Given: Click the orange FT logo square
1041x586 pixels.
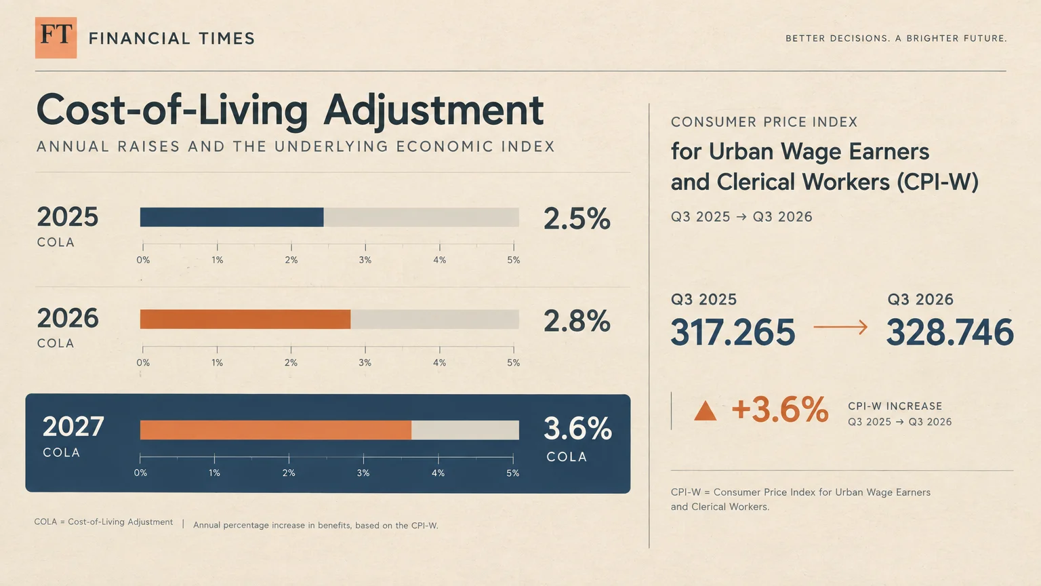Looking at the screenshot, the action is point(56,38).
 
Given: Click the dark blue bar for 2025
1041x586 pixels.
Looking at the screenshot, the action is point(231,217).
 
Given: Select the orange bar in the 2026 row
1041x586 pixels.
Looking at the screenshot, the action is point(245,319).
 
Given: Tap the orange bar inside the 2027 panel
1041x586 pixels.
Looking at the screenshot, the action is point(276,430).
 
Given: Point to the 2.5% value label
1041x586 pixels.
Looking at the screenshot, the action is point(577,218).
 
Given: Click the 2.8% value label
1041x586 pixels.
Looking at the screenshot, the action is point(577,321).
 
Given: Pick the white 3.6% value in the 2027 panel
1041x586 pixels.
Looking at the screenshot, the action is point(577,429).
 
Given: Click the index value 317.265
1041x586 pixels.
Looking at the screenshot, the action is point(733,332).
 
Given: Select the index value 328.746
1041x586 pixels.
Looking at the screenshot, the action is point(950,332).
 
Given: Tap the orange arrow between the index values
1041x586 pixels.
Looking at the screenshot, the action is point(840,327).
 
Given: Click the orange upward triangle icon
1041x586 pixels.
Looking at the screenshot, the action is point(705,411).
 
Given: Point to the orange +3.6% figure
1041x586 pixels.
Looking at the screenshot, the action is point(780,410).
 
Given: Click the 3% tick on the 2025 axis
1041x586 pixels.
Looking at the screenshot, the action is point(365,246).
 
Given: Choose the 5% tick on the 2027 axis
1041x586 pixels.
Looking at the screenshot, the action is point(513,458).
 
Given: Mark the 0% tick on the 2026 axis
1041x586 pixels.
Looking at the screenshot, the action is point(143,349).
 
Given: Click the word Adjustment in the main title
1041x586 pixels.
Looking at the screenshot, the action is point(434,111).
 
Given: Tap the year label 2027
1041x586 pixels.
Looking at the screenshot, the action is point(73,427).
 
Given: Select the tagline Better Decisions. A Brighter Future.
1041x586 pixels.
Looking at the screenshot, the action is point(896,39).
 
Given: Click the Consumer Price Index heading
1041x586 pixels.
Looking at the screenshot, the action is point(764,122).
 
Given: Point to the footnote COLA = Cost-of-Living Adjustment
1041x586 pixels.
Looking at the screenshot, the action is point(103,522).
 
